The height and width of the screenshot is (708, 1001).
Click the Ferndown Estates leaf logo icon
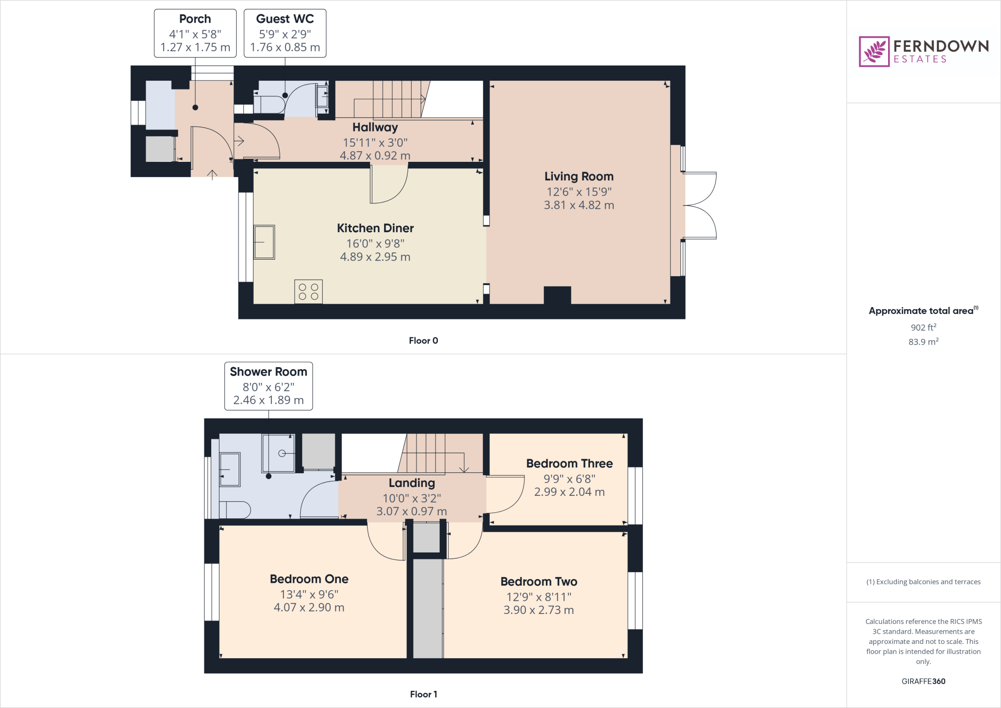[x=874, y=51]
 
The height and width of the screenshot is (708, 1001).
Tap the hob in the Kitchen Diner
[x=308, y=291]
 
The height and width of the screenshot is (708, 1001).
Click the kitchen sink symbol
[x=264, y=242]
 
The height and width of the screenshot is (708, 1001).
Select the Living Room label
[x=579, y=177]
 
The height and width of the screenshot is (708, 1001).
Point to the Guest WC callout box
[x=285, y=33]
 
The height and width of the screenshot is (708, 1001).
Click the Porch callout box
[x=195, y=33]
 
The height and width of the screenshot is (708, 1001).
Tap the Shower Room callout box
[x=268, y=386]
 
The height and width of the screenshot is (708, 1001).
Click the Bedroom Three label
[x=569, y=464]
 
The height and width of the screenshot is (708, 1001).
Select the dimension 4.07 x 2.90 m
[x=309, y=608]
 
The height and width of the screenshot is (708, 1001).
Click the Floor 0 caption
[x=423, y=341]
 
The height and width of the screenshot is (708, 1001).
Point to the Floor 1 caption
[x=423, y=694]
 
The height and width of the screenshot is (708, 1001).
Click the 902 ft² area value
[x=923, y=328]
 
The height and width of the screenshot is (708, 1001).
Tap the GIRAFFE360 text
[x=923, y=681]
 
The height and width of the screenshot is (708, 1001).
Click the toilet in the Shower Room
[x=236, y=509]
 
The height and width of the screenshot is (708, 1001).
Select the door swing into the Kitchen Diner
[x=388, y=186]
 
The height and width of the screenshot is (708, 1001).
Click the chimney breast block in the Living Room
[x=557, y=295]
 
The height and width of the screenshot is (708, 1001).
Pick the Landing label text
[x=412, y=483]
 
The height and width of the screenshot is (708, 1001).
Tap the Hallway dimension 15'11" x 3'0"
[x=375, y=143]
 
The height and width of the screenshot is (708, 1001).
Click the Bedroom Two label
[x=539, y=582]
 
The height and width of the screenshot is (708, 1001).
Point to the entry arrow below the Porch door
[x=212, y=175]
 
